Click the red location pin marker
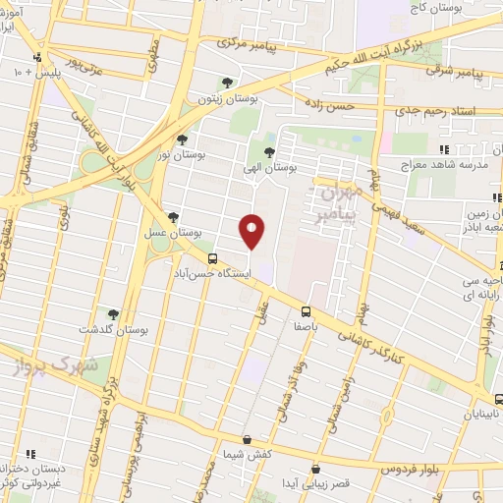(252, 232)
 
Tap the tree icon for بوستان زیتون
(228, 84)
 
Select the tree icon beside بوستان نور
(183, 140)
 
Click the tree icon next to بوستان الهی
(269, 152)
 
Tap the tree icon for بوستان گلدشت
(113, 314)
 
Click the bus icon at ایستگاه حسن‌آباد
(213, 256)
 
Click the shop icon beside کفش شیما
(247, 439)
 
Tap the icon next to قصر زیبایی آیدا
(314, 470)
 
